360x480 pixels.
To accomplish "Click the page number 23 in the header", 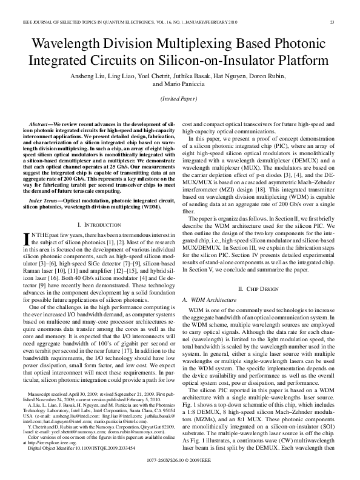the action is [332, 23].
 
